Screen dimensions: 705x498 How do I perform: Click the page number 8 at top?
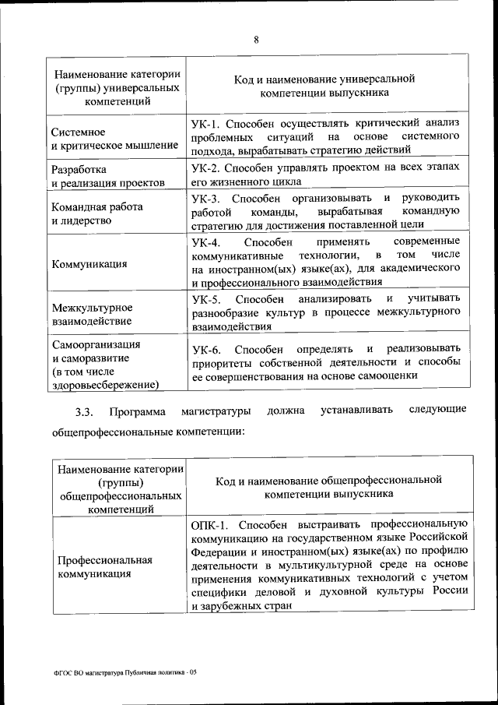256,41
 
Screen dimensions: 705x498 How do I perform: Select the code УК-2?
207,168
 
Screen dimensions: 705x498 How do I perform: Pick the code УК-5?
207,300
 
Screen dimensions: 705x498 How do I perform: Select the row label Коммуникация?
89,263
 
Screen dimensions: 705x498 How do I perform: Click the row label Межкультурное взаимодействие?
92,314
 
